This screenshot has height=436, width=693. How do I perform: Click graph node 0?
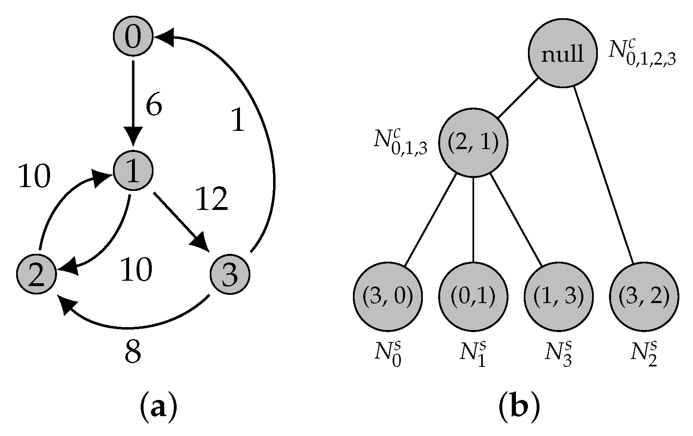click(x=133, y=37)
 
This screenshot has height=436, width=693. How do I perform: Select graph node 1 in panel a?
click(x=133, y=171)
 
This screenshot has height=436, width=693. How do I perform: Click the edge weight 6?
click(x=153, y=106)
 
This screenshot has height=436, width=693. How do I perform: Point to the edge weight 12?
click(x=211, y=199)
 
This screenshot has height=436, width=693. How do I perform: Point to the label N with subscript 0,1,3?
click(x=400, y=144)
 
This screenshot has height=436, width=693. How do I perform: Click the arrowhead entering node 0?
click(x=162, y=37)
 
